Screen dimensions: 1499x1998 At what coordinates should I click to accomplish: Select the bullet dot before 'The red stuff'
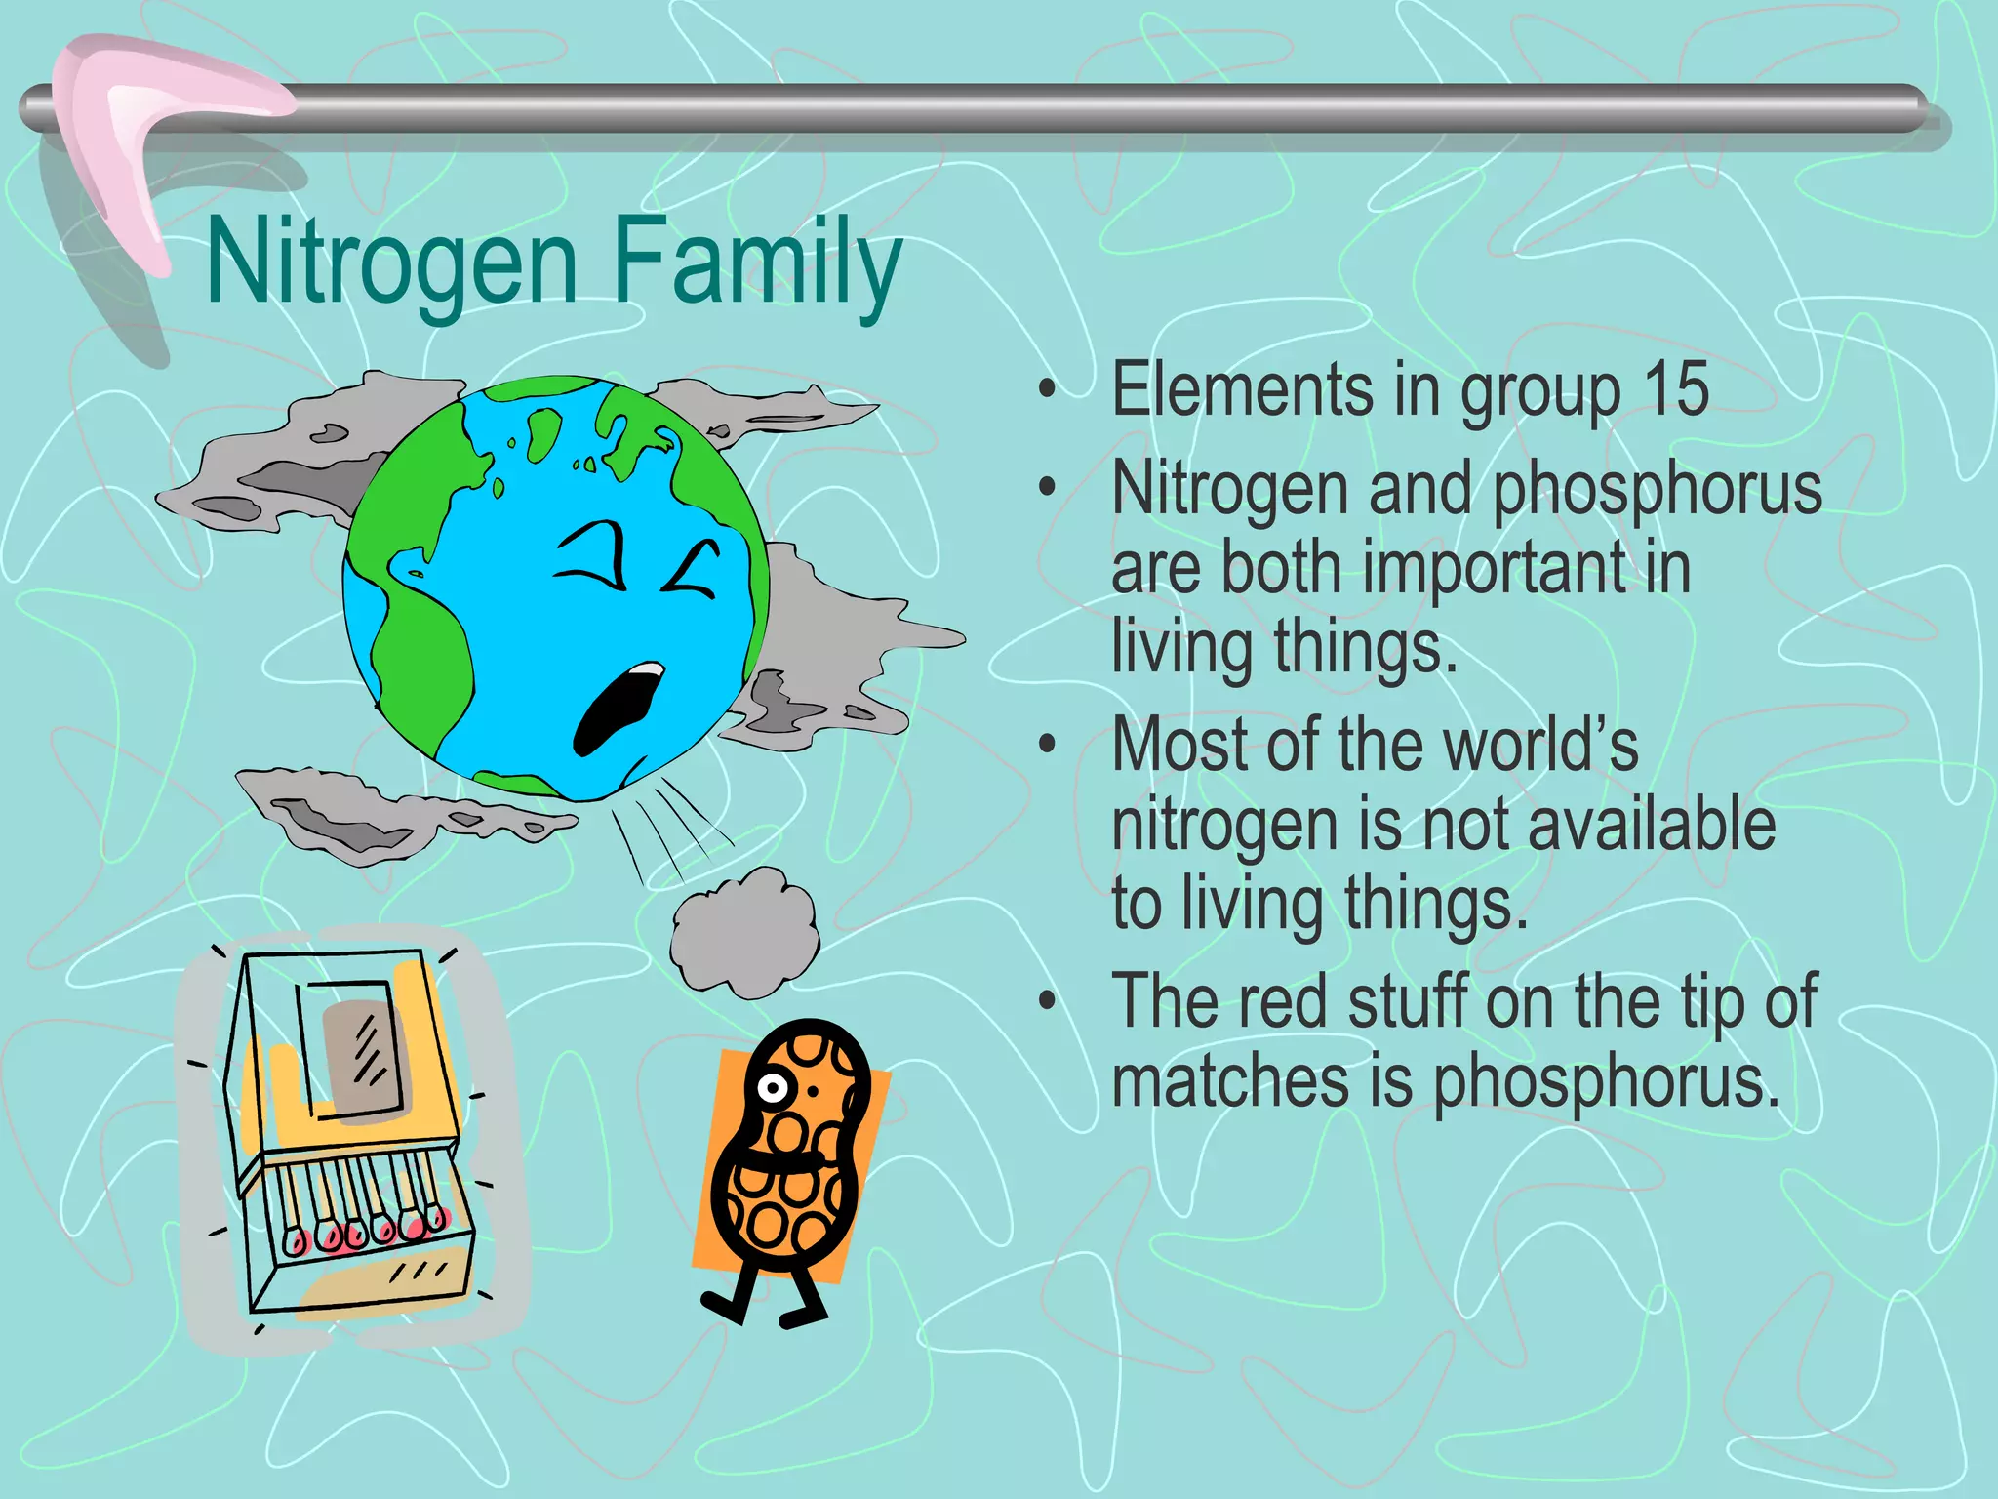click(x=1048, y=1001)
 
